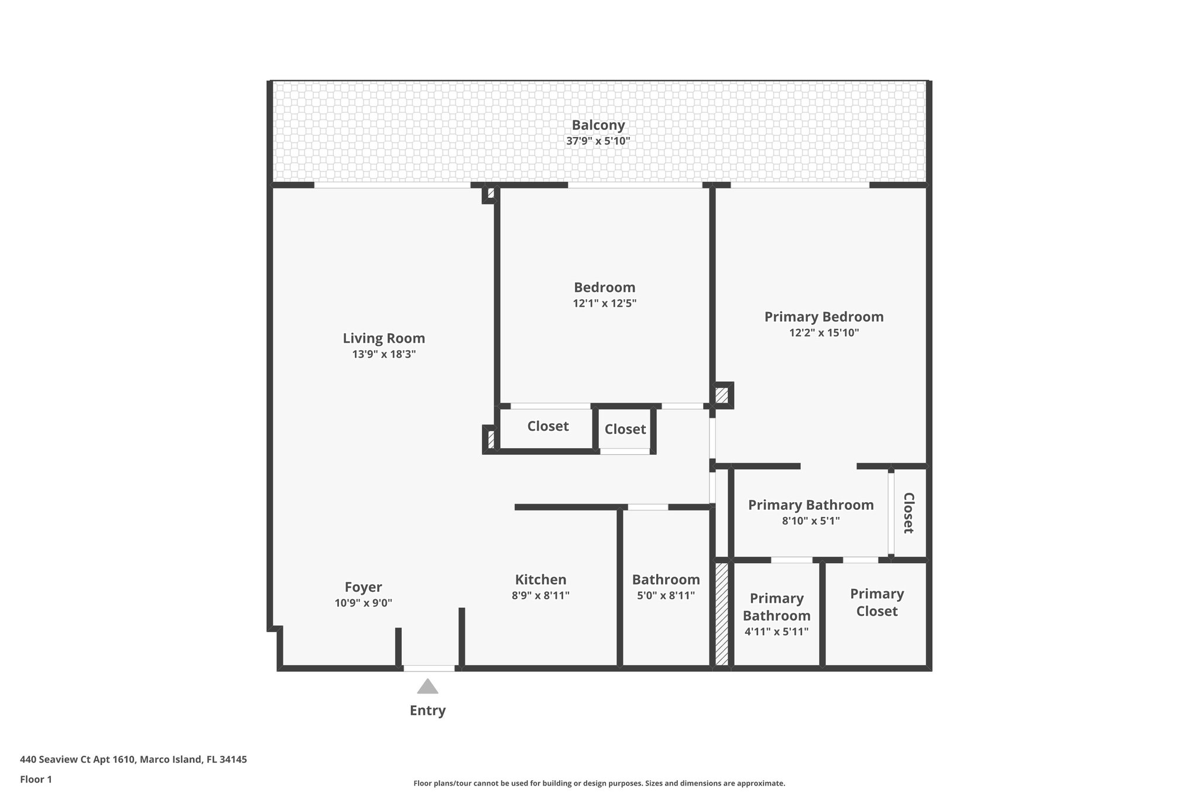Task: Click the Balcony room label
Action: pos(598,125)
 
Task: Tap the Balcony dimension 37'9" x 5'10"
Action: pos(598,141)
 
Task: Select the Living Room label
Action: pos(383,338)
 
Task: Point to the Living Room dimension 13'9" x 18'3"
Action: pos(383,354)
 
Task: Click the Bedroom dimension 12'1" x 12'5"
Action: pos(604,303)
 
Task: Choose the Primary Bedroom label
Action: pos(824,317)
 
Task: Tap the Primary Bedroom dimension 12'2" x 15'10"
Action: pos(824,333)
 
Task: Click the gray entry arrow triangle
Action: pos(427,687)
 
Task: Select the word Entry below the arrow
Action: pos(427,711)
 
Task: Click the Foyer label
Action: pos(363,587)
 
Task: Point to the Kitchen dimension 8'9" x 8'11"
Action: pos(540,596)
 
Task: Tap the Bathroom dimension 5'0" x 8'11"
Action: pos(666,596)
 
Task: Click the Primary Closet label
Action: pos(876,602)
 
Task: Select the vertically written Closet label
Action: pos(908,513)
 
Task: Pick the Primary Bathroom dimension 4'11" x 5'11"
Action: pos(776,632)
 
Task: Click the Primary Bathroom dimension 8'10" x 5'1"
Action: pos(811,521)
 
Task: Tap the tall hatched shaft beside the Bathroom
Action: pos(721,613)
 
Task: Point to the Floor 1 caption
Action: pos(36,779)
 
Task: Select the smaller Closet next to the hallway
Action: pos(625,429)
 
